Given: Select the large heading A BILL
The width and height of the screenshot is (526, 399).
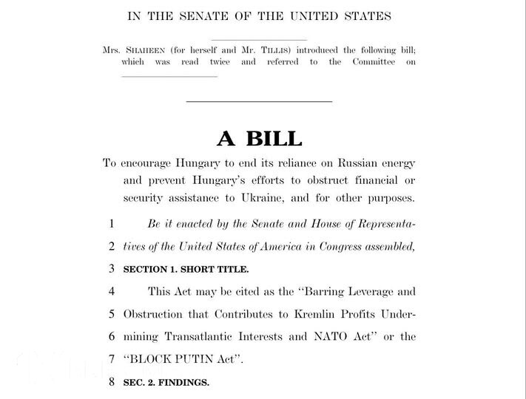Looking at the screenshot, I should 259,138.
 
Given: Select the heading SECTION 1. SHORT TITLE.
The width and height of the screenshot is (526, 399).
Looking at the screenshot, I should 186,269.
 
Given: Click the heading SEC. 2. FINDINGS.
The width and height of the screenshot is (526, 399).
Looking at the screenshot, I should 166,382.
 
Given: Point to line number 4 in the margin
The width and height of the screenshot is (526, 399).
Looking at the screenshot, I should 112,291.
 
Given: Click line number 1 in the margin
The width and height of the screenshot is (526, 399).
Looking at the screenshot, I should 112,223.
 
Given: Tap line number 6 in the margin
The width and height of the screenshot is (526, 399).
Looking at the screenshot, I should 112,336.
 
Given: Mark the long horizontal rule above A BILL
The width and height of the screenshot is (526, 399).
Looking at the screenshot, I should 258,101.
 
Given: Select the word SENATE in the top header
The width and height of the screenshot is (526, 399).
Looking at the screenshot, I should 201,16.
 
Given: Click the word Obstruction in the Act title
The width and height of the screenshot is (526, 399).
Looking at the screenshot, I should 155,313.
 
